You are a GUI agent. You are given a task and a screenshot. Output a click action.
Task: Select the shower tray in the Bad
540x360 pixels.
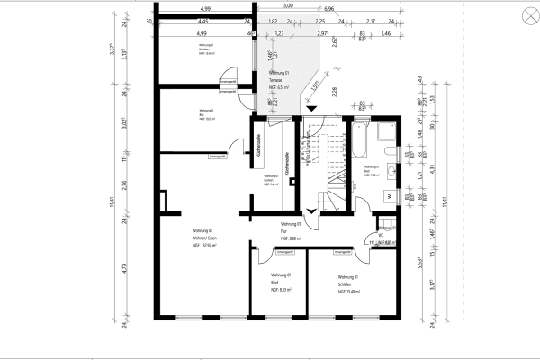pyautogui.click(x=386, y=134)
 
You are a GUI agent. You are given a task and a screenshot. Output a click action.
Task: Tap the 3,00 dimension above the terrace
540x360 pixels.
pyautogui.click(x=287, y=6)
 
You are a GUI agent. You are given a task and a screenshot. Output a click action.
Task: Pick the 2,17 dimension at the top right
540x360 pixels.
pyautogui.click(x=372, y=20)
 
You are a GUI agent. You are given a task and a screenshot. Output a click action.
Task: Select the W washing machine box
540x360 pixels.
pyautogui.click(x=390, y=196)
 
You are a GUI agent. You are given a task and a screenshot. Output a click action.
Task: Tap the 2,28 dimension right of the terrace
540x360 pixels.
pyautogui.click(x=334, y=90)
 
